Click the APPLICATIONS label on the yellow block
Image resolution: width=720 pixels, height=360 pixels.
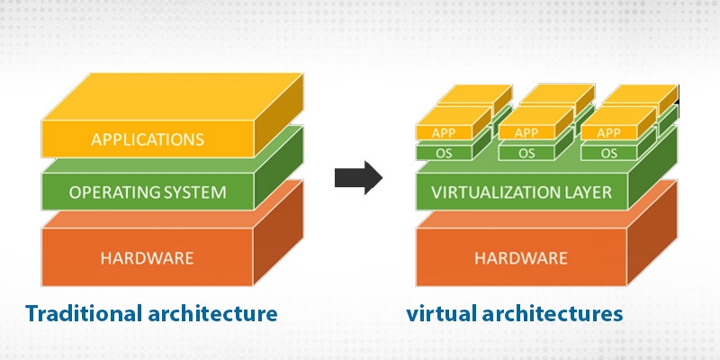pyautogui.click(x=148, y=139)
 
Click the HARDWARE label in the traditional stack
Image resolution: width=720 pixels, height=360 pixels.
pyautogui.click(x=148, y=258)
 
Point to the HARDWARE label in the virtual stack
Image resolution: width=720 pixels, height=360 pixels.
pyautogui.click(x=521, y=258)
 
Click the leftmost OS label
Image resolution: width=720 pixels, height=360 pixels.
pyautogui.click(x=445, y=153)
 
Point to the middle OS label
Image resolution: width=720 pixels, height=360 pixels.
pyautogui.click(x=527, y=153)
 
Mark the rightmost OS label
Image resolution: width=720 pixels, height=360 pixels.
pyautogui.click(x=609, y=153)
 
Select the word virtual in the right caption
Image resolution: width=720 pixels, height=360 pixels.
pyautogui.click(x=437, y=314)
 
